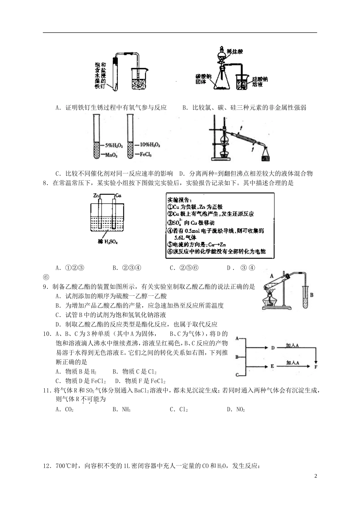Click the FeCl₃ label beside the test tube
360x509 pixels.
146,155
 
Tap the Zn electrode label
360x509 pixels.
97,195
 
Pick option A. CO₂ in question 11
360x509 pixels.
64,409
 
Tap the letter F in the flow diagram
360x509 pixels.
316,366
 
